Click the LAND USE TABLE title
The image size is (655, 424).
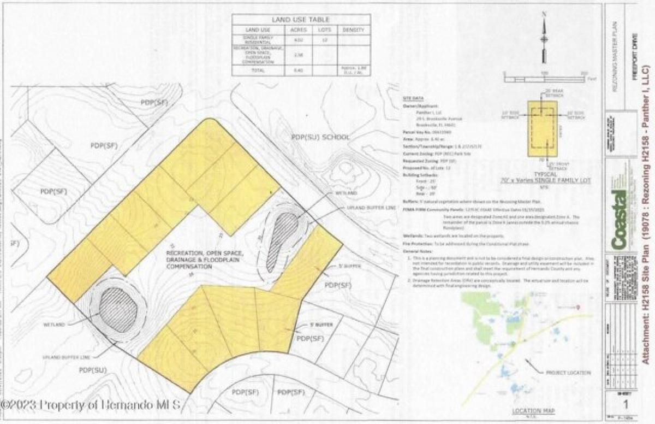pyautogui.click(x=299, y=19)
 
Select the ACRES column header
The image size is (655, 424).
pyautogui.click(x=298, y=30)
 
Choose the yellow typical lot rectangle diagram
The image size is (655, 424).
pyautogui.click(x=543, y=129)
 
